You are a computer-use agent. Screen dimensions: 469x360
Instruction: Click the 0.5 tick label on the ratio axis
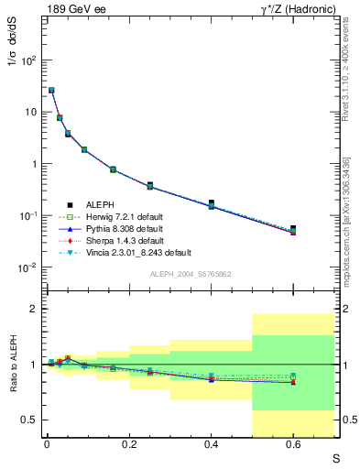pos(29,420)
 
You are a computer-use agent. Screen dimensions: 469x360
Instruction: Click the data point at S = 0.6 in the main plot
pos(293,229)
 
